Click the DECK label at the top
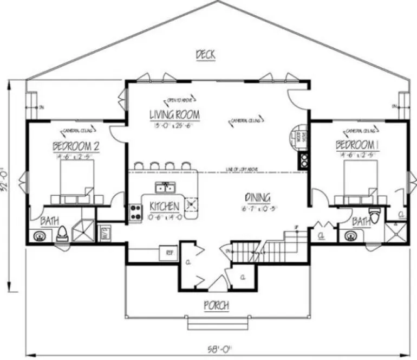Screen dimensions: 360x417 pos(205,54)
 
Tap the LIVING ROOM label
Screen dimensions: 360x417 pos(174,115)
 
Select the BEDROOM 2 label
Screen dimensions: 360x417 pos(75,146)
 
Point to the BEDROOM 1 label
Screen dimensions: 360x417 pos(356,145)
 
